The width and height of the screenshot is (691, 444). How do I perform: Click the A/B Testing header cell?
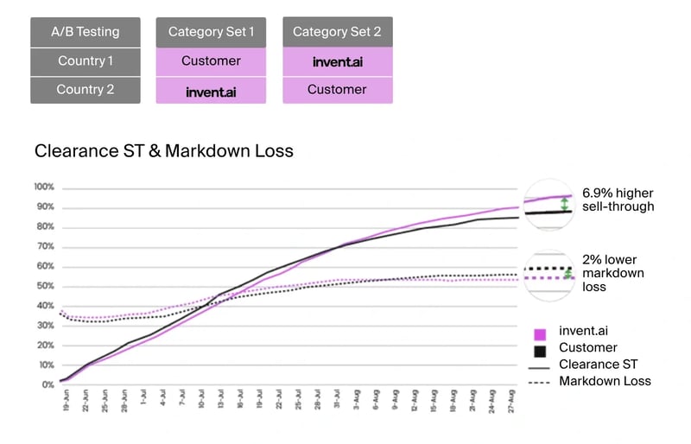click(x=86, y=32)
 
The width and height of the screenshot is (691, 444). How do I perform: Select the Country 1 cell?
click(x=86, y=61)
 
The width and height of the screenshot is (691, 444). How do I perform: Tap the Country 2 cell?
click(x=86, y=90)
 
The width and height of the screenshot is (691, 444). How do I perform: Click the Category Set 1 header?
click(x=211, y=32)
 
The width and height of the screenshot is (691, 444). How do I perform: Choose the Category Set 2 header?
click(x=337, y=32)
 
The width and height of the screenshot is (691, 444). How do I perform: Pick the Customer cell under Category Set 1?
click(x=211, y=61)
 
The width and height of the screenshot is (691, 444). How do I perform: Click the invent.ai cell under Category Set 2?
click(x=337, y=61)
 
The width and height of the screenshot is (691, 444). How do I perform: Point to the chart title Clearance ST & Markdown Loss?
click(x=164, y=151)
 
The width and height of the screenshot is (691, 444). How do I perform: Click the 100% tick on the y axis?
click(x=44, y=187)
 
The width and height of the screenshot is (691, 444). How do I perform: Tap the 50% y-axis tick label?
click(x=44, y=286)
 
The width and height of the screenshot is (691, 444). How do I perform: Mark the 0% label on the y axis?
click(x=48, y=384)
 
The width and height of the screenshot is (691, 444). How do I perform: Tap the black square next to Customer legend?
click(x=541, y=350)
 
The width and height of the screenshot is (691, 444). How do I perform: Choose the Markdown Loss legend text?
click(x=605, y=381)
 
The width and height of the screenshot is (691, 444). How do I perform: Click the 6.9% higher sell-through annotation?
click(x=618, y=199)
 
